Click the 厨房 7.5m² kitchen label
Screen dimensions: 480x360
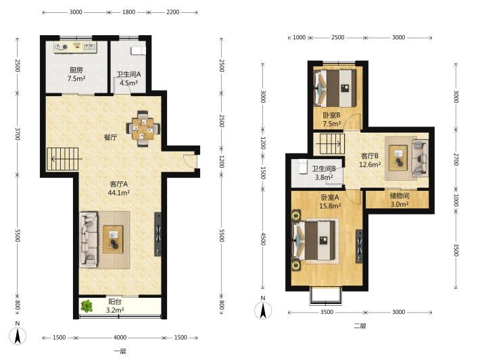(x=76, y=74)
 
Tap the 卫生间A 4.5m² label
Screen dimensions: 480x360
(x=128, y=78)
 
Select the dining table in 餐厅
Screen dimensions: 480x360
(x=143, y=129)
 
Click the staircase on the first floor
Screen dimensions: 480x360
(x=63, y=159)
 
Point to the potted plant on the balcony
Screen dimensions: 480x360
(x=87, y=306)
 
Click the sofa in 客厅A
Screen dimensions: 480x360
(x=89, y=240)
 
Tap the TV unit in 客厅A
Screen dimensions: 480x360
(x=158, y=234)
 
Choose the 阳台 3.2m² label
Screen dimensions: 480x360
(x=115, y=306)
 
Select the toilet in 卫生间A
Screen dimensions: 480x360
(x=139, y=51)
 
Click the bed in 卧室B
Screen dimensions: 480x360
(x=335, y=88)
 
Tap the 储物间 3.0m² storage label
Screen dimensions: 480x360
(x=400, y=200)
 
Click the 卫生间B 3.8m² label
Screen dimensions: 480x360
(x=324, y=173)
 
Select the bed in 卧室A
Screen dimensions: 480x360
(x=316, y=240)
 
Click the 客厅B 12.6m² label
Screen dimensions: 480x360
(x=370, y=160)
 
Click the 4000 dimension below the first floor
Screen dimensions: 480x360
(x=120, y=337)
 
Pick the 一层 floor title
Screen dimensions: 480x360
(x=120, y=351)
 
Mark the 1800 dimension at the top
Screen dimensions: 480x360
(x=129, y=12)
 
